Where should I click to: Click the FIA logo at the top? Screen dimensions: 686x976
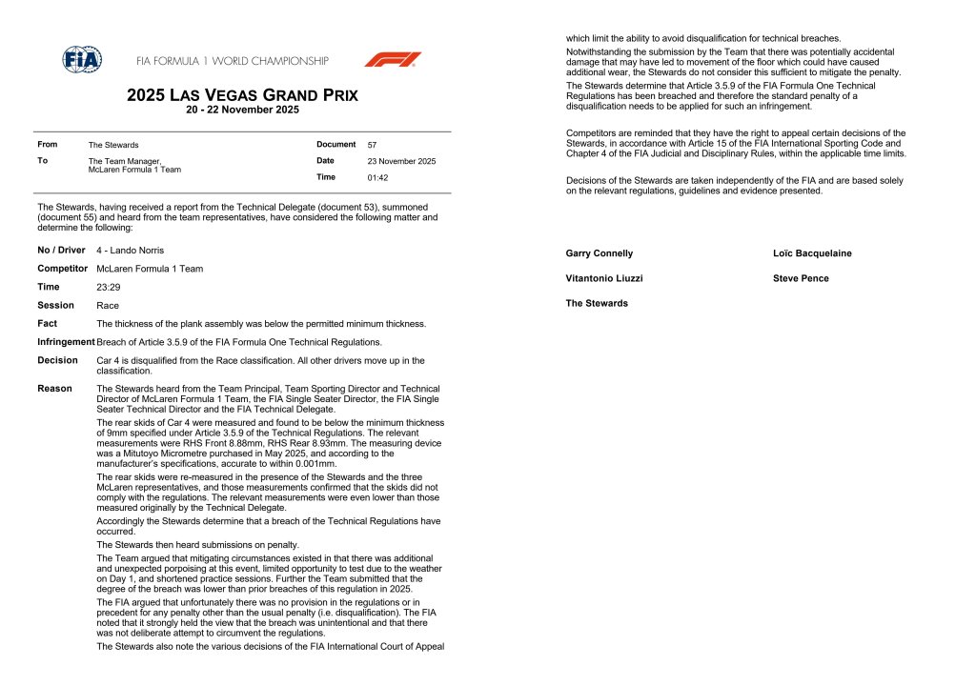[x=82, y=59]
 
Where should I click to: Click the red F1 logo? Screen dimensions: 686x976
[x=392, y=59]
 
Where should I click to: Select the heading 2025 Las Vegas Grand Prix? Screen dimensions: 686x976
[x=242, y=95]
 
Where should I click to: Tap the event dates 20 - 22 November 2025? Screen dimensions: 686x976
[x=242, y=110]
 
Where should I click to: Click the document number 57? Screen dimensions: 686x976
[x=372, y=145]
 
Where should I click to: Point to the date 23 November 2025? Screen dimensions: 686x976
[x=401, y=161]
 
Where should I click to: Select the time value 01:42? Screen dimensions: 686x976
[x=377, y=177]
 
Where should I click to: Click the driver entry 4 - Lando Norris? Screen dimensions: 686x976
[x=130, y=251]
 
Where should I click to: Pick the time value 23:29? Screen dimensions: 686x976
[x=108, y=287]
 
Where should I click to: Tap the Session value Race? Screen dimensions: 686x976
[x=107, y=306]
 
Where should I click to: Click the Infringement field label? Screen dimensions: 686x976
[x=66, y=342]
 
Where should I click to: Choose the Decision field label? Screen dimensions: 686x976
[x=57, y=360]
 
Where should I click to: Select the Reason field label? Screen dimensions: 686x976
[x=55, y=389]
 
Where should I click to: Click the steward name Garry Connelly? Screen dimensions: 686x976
[x=599, y=253]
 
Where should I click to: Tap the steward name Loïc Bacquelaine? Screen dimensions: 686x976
[x=812, y=253]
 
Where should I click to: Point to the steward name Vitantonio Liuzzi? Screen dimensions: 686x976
[x=603, y=278]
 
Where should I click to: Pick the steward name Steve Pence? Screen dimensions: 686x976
[x=801, y=278]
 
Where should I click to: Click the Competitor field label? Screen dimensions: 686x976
[x=63, y=269]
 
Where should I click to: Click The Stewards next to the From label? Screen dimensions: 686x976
[x=113, y=145]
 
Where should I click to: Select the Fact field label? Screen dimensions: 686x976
[x=48, y=324]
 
